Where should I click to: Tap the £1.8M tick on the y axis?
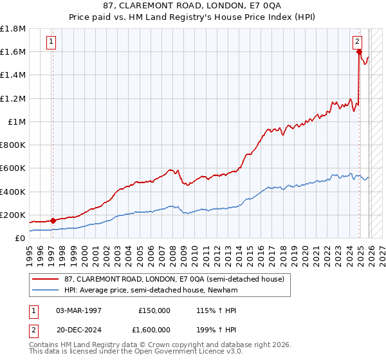[x=13, y=29]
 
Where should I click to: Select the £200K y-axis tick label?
[x=13, y=215]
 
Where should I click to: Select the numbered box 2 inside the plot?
[x=358, y=42]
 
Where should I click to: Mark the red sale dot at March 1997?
[x=53, y=221]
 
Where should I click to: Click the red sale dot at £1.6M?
[x=359, y=52]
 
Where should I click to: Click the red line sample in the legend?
[x=46, y=278]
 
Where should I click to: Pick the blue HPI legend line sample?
[x=46, y=290]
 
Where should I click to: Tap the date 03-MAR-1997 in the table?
[x=79, y=310]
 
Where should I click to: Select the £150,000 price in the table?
[x=154, y=310]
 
